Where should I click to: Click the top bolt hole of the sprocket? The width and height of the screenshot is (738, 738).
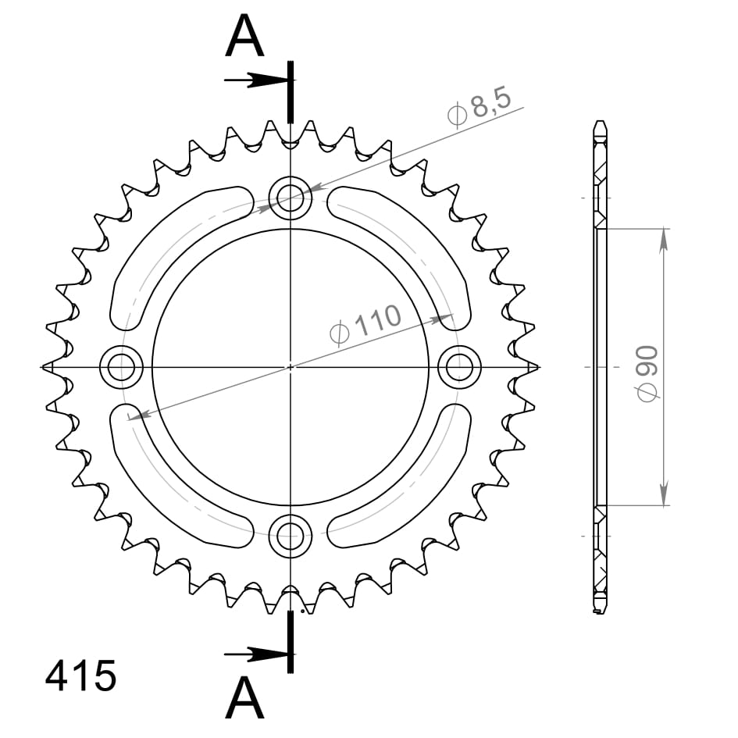(291, 198)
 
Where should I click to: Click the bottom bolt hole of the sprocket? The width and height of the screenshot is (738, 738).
(291, 535)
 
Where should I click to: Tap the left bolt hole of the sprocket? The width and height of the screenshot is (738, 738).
(122, 366)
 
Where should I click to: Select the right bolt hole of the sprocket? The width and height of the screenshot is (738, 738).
(459, 366)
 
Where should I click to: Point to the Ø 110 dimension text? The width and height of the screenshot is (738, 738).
(365, 323)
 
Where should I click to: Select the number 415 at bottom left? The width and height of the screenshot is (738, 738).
(80, 676)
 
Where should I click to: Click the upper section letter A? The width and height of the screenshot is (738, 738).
(244, 37)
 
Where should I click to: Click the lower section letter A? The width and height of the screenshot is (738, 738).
(244, 697)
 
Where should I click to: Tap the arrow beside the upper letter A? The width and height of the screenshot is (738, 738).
(254, 80)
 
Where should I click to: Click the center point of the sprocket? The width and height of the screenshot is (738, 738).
(291, 366)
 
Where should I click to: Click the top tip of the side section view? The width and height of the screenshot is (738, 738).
(599, 122)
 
